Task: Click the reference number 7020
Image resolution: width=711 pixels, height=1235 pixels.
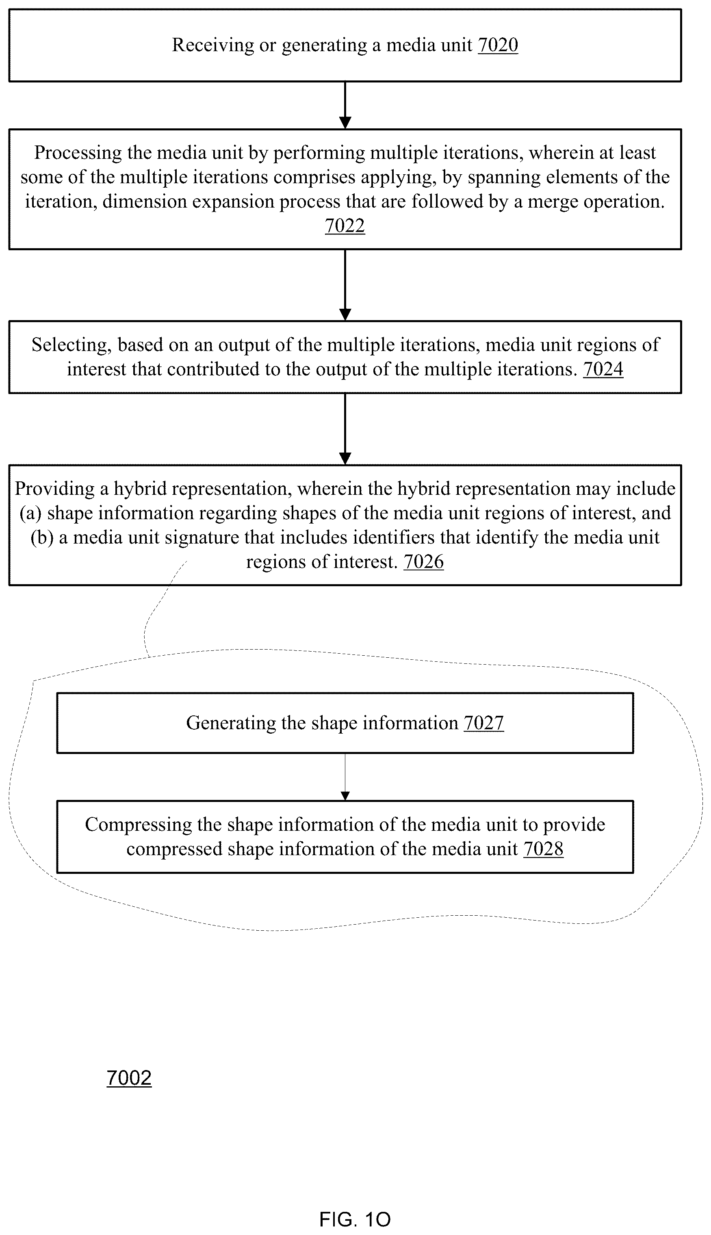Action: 498,45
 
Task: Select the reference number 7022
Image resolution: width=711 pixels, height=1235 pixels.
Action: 345,226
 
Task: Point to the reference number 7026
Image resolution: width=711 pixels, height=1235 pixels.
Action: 423,562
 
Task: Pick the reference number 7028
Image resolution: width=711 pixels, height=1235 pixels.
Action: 544,849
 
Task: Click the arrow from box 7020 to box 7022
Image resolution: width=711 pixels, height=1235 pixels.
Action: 345,105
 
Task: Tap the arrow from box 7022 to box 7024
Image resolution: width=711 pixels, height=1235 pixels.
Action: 345,285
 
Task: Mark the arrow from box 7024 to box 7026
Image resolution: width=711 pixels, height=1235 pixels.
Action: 345,429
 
